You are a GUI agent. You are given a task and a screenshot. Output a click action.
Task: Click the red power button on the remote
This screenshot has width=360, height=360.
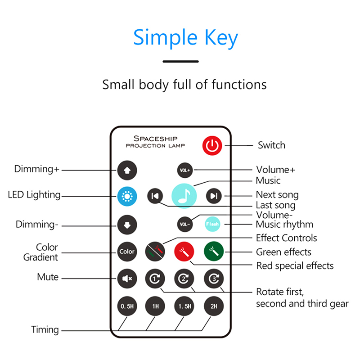(212, 146)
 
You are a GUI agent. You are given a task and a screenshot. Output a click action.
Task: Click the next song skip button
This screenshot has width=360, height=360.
(214, 196)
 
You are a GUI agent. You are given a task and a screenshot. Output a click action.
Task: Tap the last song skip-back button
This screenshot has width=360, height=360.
(155, 196)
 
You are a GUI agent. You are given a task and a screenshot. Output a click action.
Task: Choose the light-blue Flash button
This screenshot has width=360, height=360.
(212, 224)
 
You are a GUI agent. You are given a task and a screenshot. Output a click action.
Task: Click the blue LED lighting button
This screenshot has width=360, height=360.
(126, 196)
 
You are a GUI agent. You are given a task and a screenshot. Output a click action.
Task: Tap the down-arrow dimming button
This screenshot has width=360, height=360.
(126, 224)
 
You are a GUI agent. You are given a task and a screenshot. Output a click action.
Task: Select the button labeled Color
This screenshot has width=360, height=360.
(126, 252)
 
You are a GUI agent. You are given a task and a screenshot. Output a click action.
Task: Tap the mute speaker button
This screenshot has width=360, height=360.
(126, 279)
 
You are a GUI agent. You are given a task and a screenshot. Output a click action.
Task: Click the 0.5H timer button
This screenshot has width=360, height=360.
(126, 306)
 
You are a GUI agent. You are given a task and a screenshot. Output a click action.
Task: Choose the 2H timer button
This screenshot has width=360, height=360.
(214, 306)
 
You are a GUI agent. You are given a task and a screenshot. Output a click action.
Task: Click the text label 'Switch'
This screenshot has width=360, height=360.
(271, 145)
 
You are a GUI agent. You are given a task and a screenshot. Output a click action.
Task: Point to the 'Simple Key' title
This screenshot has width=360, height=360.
(185, 38)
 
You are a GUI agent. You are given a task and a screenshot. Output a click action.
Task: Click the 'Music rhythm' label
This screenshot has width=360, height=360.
(284, 224)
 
